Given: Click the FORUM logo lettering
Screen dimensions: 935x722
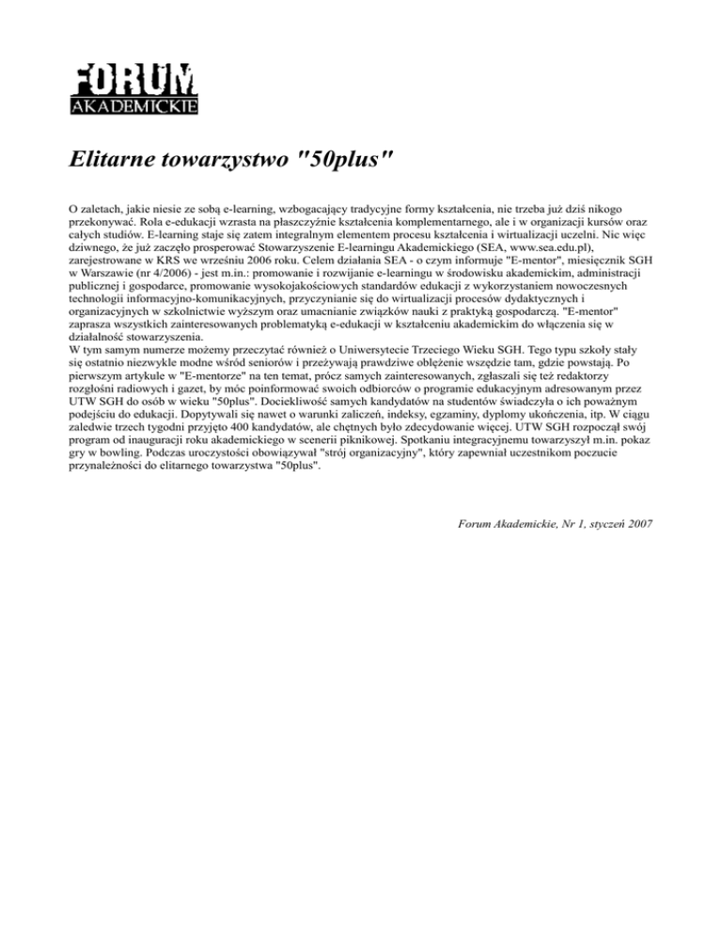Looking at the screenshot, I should (x=133, y=78).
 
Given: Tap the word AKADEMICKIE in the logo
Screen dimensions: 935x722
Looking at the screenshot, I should (x=133, y=106).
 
